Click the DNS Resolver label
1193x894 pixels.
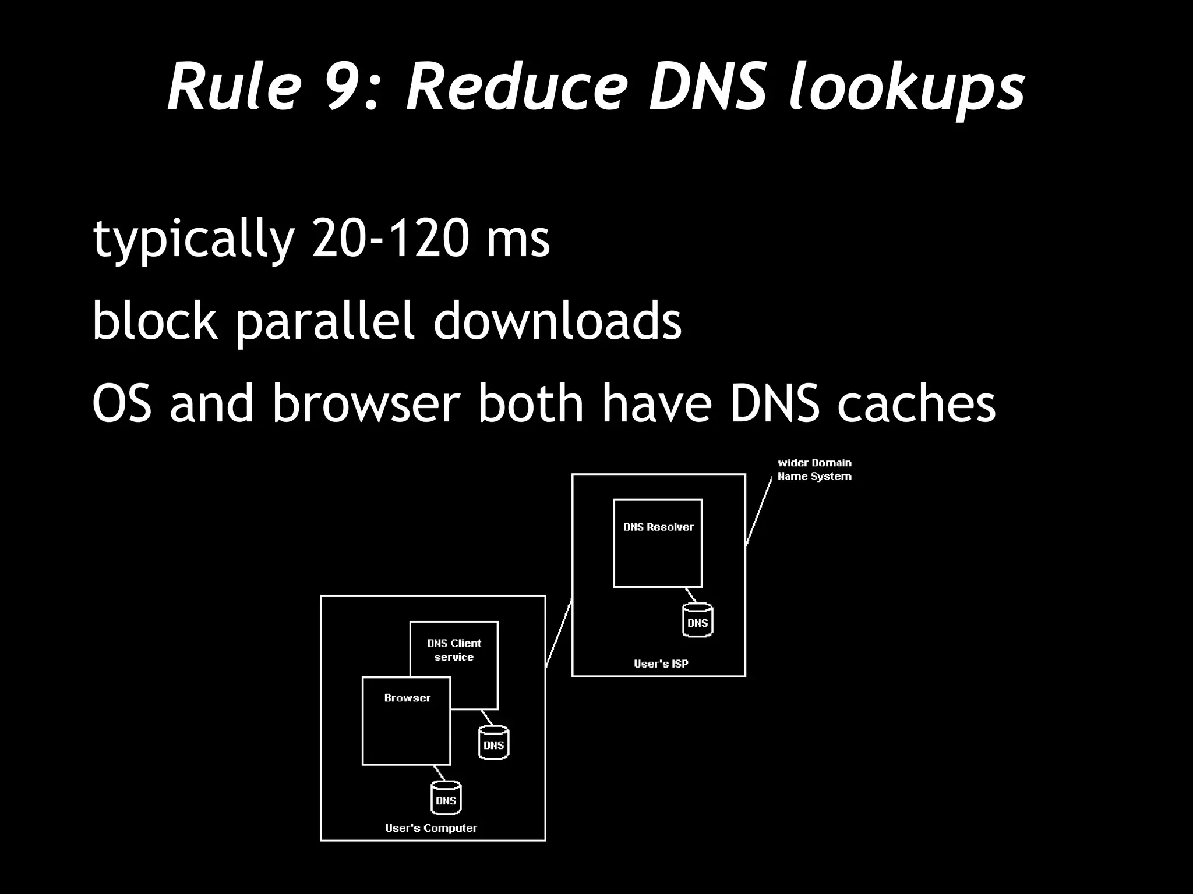[x=658, y=527]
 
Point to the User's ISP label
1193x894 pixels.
[x=661, y=664]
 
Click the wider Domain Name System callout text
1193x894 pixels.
[x=814, y=470]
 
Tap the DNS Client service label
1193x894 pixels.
[x=454, y=650]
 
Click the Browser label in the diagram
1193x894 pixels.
[x=407, y=698]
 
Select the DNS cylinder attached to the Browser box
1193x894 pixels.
[x=446, y=799]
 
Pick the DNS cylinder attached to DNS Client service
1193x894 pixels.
[x=493, y=743]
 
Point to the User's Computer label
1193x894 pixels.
[x=431, y=828]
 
